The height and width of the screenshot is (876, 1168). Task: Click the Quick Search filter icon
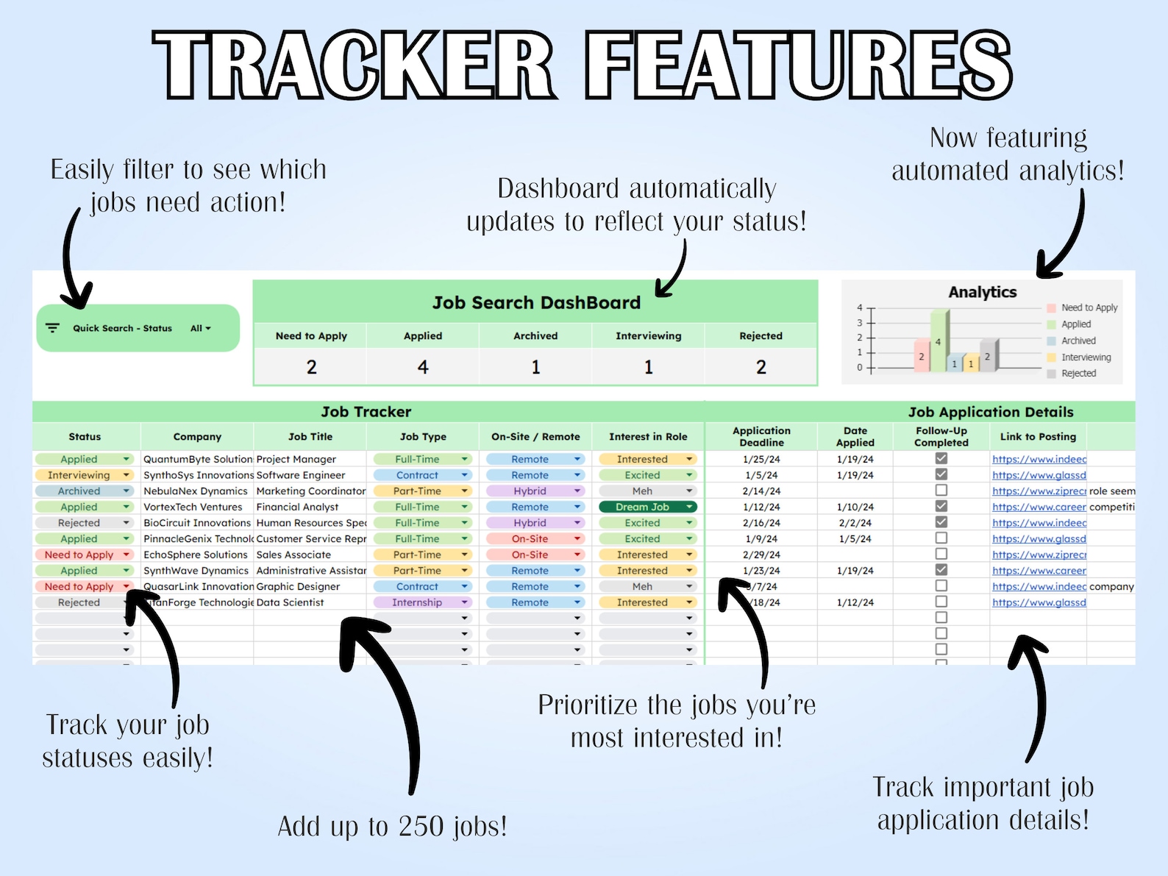(x=52, y=328)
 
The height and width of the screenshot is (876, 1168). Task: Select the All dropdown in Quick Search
(x=200, y=328)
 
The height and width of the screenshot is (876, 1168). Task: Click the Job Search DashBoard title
(x=536, y=302)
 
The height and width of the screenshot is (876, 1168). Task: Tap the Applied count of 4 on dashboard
(x=423, y=367)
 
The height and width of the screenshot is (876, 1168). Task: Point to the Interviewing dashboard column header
(x=648, y=336)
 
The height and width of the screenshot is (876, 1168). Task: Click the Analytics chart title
(x=982, y=292)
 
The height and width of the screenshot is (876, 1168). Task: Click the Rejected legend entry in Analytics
(x=1078, y=374)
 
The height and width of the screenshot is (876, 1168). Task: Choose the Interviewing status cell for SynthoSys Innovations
(x=79, y=475)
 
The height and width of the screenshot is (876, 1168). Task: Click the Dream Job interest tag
(x=643, y=507)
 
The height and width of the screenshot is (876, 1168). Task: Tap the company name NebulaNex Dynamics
(x=196, y=491)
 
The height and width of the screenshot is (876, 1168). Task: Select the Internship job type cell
(x=418, y=602)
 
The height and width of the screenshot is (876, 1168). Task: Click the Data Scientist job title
(x=290, y=602)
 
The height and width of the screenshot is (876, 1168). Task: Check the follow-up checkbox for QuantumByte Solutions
(x=941, y=458)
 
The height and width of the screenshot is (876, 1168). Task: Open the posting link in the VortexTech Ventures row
(x=1039, y=507)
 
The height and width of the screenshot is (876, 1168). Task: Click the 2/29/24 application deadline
(x=761, y=555)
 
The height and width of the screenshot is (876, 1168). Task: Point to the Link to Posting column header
(x=1038, y=437)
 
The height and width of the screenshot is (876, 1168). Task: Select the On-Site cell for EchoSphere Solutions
(x=530, y=555)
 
